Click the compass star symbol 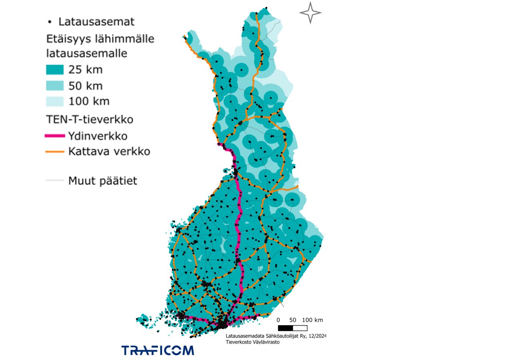point(310,13)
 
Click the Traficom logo point(158,350)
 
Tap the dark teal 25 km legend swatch point(54,70)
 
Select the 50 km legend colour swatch point(54,86)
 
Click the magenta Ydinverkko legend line point(54,136)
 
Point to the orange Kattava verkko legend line point(54,152)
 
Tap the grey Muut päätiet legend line point(54,181)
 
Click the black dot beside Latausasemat point(49,21)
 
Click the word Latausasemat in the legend point(96,21)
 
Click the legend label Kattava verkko point(109,152)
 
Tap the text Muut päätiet point(102,181)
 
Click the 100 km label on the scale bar point(313,320)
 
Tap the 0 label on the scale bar point(279,320)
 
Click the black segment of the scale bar point(286,328)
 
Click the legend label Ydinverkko point(98,136)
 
